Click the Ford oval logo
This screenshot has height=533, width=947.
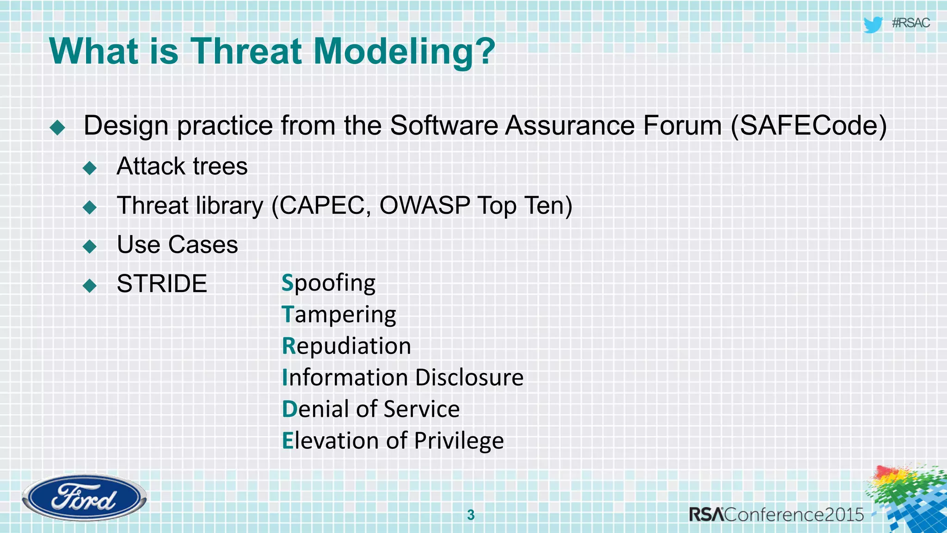click(x=84, y=498)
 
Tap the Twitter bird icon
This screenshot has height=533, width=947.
click(x=873, y=24)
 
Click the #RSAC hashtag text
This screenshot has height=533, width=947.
click(x=910, y=23)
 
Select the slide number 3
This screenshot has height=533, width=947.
click(x=471, y=514)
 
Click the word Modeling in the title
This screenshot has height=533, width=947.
click(x=405, y=51)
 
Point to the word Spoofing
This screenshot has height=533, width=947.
click(x=329, y=283)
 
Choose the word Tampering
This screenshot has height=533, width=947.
click(x=339, y=315)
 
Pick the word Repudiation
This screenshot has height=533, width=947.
click(x=346, y=346)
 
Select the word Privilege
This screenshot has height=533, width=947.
click(x=459, y=440)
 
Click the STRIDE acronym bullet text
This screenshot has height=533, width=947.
click(x=162, y=284)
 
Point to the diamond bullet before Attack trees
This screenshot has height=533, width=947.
click(x=90, y=167)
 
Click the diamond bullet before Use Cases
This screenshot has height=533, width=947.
click(x=90, y=246)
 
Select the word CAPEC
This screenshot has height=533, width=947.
click(x=322, y=205)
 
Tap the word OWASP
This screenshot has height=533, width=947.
click(x=424, y=205)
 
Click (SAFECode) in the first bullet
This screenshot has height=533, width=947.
click(x=809, y=126)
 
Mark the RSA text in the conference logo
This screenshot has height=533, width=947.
click(x=707, y=514)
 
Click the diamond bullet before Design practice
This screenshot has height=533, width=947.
click(x=58, y=127)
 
